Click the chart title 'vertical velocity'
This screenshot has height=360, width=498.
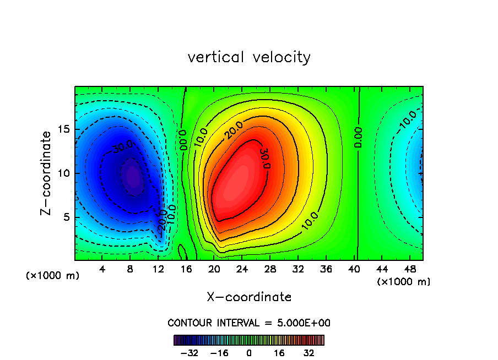coord(249,57)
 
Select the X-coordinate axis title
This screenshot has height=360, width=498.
coord(249,297)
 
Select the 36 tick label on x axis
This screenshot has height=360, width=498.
coord(327,269)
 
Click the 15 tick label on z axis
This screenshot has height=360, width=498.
coord(64,129)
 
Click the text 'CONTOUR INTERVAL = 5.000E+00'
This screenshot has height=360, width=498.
coord(249,323)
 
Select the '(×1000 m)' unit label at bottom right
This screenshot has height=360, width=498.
coord(404,282)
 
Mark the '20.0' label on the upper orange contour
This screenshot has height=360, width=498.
coord(233,131)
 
